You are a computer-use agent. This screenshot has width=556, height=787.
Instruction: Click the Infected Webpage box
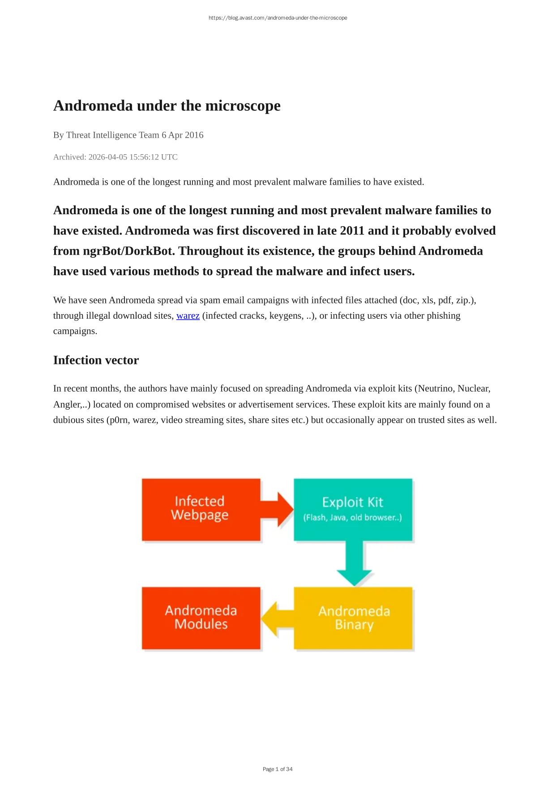click(x=201, y=509)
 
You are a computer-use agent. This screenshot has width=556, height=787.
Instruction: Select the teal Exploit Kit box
click(x=353, y=509)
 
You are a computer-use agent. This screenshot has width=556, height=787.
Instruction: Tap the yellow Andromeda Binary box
click(x=353, y=618)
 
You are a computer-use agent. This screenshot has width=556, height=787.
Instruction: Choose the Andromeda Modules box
click(x=201, y=618)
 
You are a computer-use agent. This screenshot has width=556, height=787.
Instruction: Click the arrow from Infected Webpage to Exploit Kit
click(x=278, y=510)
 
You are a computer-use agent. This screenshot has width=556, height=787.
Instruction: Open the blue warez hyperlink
click(x=188, y=316)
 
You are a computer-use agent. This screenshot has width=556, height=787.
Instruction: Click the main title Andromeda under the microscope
click(x=167, y=106)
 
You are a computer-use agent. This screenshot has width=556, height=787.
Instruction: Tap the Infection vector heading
click(x=96, y=360)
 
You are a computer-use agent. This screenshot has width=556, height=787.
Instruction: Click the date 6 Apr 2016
click(x=182, y=135)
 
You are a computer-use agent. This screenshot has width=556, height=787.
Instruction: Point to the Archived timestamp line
click(x=115, y=157)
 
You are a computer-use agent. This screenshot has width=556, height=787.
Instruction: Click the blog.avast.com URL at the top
click(x=278, y=18)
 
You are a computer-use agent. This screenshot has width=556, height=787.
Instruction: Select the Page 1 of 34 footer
click(x=278, y=769)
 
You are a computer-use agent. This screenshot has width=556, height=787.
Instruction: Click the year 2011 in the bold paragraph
click(x=352, y=231)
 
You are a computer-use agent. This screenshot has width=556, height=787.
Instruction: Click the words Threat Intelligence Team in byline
click(x=113, y=135)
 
